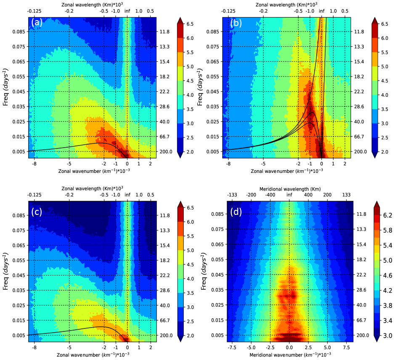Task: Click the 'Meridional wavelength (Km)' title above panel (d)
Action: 289,188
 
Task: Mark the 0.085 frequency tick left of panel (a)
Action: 19,32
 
